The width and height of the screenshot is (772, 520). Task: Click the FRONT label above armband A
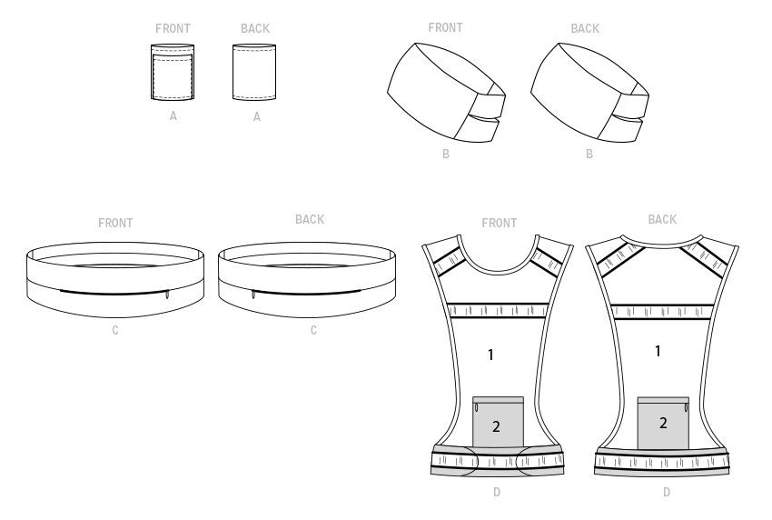click(173, 28)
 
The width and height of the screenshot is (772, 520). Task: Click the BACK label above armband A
click(255, 28)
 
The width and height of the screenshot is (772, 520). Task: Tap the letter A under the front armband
click(173, 115)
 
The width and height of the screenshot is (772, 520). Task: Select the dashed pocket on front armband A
click(173, 76)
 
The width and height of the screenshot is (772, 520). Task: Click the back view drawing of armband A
click(254, 72)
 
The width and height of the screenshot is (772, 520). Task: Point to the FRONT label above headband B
click(446, 27)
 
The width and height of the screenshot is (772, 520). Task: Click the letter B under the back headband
click(589, 155)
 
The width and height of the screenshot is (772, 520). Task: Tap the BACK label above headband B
click(585, 28)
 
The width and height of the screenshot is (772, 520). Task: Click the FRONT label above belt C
click(115, 224)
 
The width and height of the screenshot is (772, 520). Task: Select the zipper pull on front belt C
click(167, 295)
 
